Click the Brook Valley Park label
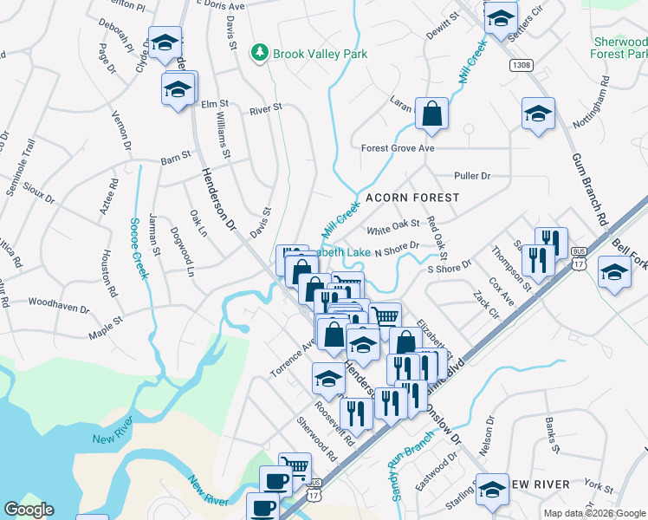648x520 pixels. point(320,54)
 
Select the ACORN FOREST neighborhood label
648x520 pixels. point(411,198)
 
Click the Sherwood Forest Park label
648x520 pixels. point(620,48)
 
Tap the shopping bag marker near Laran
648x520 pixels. point(431,114)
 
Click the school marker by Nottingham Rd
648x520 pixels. point(538,114)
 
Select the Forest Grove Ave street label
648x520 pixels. point(398,148)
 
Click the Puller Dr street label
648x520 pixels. point(472,176)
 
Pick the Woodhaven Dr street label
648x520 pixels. point(59,308)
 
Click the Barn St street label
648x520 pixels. point(175,160)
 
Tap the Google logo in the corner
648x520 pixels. point(29,509)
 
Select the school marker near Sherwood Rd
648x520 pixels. point(328,378)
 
